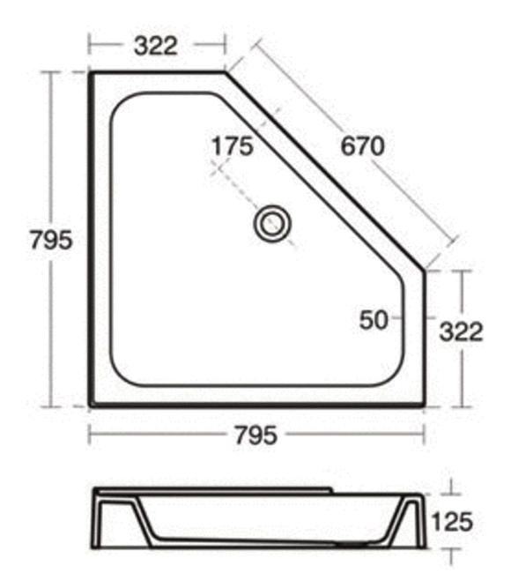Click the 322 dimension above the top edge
(x=156, y=44)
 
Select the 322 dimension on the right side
(x=461, y=331)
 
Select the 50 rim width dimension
(x=374, y=320)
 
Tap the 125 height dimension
(x=452, y=522)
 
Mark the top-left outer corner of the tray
(x=90, y=73)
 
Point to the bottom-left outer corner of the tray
(x=90, y=406)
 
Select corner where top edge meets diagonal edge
(x=225, y=73)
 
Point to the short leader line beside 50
(x=399, y=317)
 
